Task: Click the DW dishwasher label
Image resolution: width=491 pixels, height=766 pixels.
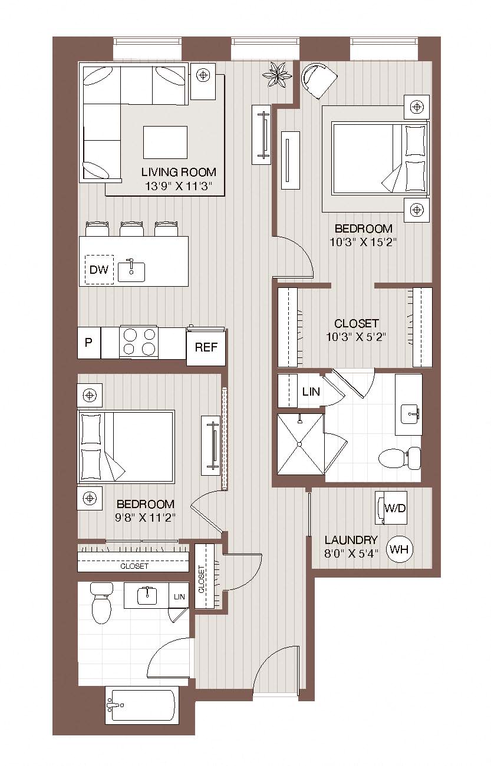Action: (98, 270)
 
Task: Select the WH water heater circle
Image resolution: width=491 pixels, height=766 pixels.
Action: (399, 549)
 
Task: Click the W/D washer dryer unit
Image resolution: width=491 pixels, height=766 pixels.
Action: (391, 508)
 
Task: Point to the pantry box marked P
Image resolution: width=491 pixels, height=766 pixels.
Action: (88, 343)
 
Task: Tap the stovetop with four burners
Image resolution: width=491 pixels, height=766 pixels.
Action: (139, 343)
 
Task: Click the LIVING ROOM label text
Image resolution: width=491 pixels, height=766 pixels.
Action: (179, 172)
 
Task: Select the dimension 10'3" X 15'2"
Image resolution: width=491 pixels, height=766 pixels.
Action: (363, 242)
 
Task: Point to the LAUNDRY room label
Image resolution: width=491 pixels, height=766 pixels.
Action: (351, 540)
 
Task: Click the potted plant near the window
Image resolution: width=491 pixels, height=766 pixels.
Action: (277, 75)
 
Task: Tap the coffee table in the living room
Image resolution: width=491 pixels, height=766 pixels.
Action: (166, 142)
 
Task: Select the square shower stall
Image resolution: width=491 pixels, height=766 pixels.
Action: (300, 444)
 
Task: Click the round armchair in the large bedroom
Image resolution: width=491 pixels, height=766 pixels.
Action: (318, 80)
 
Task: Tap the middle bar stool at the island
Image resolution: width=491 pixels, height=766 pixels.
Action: (131, 228)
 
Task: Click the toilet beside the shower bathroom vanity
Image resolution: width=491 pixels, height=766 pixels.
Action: (400, 458)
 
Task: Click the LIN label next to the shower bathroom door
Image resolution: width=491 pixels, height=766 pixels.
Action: (311, 392)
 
